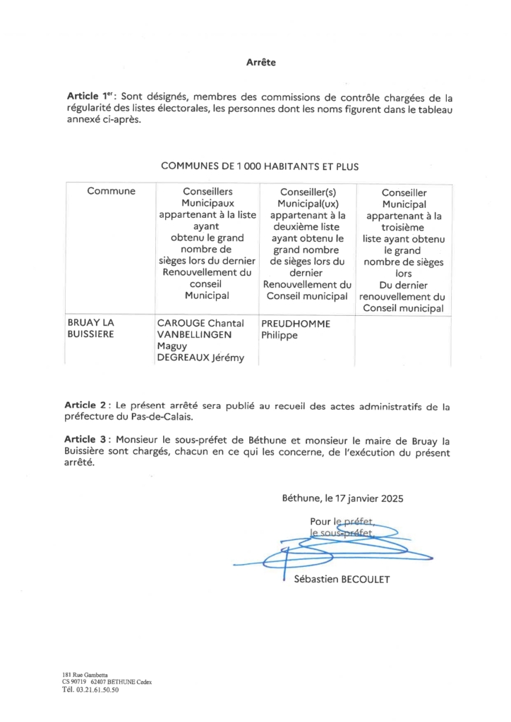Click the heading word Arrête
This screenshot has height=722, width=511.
pos(260,63)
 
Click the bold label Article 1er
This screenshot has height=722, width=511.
pos(89,97)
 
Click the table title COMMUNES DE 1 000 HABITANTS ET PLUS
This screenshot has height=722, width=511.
pos(260,166)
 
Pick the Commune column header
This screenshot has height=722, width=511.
pos(111,191)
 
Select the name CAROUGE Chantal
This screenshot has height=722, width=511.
pos(200,324)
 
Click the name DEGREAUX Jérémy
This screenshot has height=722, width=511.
pos(200,358)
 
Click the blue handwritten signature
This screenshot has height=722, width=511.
pos(332,546)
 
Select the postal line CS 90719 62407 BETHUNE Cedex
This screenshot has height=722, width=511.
pos(107,683)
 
